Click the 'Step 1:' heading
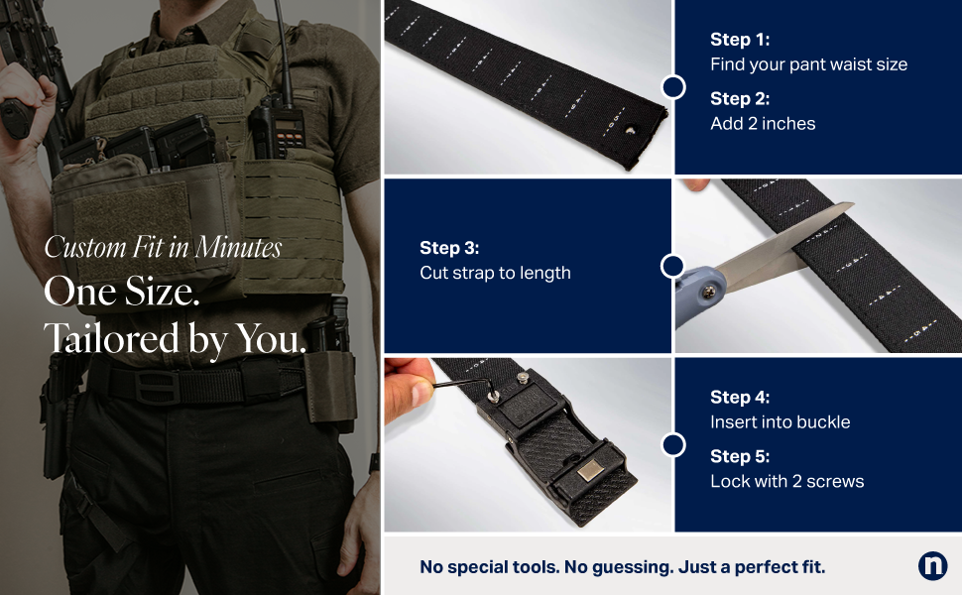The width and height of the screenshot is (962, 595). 740,40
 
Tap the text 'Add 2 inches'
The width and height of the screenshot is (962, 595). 763,123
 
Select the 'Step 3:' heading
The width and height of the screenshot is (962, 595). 449,248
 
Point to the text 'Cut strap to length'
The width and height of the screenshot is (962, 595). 495,273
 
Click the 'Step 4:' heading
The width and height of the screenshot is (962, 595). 740,397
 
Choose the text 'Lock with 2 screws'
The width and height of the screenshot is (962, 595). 787,481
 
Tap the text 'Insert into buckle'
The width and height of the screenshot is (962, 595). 781,422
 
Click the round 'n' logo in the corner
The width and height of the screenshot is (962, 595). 932,565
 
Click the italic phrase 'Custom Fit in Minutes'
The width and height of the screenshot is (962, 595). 163,247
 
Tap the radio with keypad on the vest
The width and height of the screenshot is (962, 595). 283,126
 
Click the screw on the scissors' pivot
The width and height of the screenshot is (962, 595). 709,293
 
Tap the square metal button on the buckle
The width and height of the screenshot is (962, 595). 590,471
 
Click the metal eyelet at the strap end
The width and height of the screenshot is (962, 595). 630,130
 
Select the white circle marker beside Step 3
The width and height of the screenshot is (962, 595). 673,266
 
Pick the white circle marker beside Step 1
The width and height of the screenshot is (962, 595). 673,87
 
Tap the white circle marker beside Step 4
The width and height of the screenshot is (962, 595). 673,445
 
